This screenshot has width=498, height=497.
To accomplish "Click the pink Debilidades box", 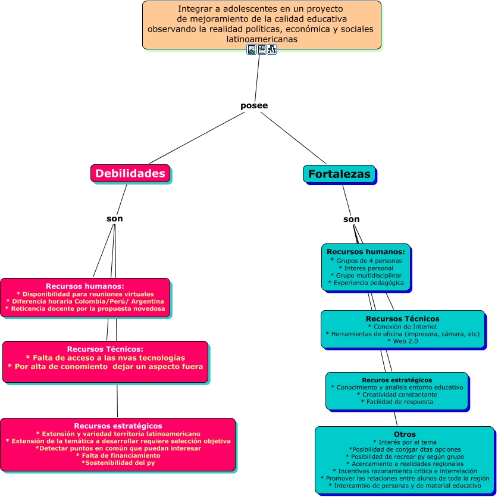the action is [x=130, y=173].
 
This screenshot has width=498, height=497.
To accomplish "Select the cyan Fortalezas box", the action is [x=339, y=174].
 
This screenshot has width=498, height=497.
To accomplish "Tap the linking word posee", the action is [x=254, y=105].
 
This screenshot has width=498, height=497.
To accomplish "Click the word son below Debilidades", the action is [x=115, y=218].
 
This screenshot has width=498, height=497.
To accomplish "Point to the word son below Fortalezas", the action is [x=352, y=219].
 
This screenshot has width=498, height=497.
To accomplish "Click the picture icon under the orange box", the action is [x=252, y=49].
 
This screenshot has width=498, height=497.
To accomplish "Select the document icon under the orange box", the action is [x=262, y=49].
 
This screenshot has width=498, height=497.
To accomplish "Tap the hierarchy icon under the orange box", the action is [x=272, y=49].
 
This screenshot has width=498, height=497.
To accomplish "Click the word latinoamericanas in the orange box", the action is [x=262, y=39].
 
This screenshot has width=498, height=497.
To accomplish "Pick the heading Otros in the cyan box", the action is [x=405, y=434].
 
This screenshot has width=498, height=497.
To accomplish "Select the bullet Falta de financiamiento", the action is [x=118, y=455].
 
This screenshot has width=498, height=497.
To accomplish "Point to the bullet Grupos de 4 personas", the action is [x=366, y=261].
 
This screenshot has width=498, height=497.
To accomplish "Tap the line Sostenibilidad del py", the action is [x=118, y=462].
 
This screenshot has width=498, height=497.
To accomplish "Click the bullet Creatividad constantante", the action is [x=397, y=395].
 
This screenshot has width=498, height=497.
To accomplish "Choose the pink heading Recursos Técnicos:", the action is [x=105, y=349].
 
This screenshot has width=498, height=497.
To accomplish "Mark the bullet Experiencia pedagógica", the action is [x=366, y=283].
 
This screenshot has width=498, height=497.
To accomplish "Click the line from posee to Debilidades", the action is [x=197, y=138].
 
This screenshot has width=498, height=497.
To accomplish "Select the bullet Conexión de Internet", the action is [x=402, y=327].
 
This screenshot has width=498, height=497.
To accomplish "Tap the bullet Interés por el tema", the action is [x=405, y=442].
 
